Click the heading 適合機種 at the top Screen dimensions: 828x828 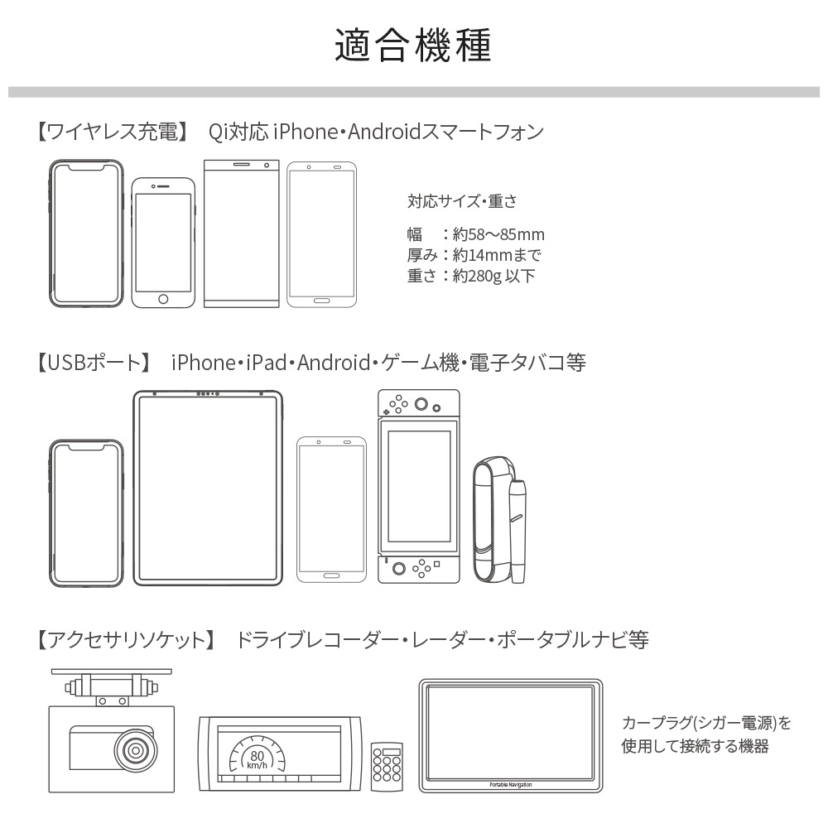click(413, 45)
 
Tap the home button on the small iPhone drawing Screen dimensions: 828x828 click(163, 299)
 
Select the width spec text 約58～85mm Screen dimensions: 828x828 click(498, 234)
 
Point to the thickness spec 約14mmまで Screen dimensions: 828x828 click(497, 255)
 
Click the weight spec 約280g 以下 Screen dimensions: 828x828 click(493, 276)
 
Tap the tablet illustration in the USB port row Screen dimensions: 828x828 click(208, 488)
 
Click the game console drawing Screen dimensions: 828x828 click(419, 486)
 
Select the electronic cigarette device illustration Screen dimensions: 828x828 click(500, 520)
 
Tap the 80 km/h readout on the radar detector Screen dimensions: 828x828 click(258, 759)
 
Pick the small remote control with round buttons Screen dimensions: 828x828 click(387, 766)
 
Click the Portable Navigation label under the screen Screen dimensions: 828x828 click(511, 785)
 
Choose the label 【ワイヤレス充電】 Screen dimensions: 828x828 click(113, 132)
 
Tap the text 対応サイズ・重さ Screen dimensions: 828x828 click(462, 201)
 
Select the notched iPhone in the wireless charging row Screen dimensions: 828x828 click(86, 233)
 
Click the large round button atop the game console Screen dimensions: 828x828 click(421, 405)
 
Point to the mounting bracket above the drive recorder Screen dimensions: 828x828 click(112, 687)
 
